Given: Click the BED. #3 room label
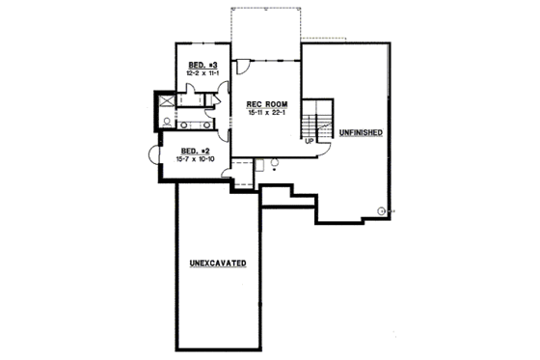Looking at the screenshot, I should click(202, 64).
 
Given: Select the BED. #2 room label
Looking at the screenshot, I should click(196, 151).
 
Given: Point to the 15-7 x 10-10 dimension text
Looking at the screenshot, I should click(196, 159).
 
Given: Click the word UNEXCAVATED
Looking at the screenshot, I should click(217, 263).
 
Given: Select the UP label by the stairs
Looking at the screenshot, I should click(309, 141).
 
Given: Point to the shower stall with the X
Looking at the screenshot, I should click(166, 100).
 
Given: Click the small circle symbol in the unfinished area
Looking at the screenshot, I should click(383, 210).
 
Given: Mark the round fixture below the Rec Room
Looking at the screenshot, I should click(276, 162).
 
